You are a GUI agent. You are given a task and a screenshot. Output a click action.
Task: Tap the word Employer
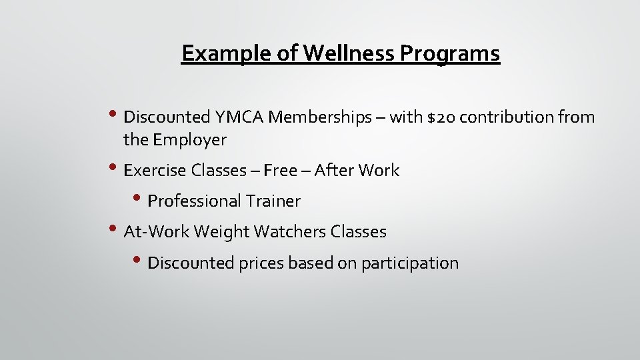(x=190, y=140)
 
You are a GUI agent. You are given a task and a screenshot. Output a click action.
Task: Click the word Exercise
(x=155, y=171)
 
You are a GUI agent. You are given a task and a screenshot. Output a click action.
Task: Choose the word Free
(x=280, y=171)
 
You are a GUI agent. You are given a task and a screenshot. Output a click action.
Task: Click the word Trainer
(x=273, y=201)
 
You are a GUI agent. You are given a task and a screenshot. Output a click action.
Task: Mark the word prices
(x=263, y=263)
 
